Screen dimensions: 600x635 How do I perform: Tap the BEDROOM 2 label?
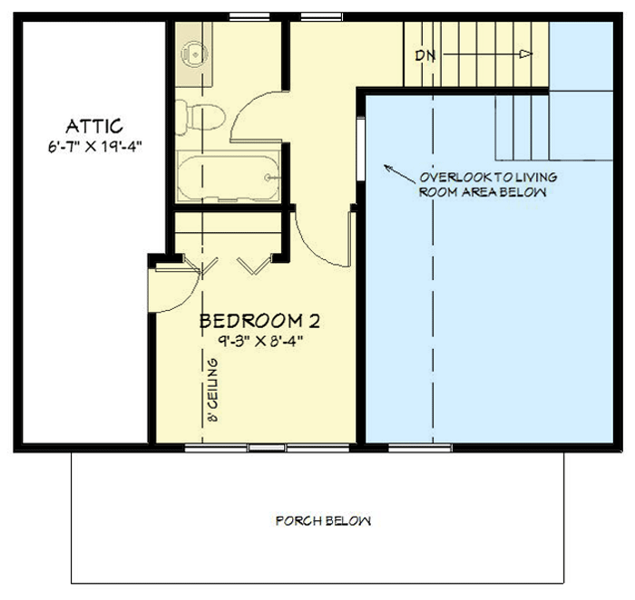(259, 321)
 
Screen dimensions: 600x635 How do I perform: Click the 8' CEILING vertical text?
(212, 392)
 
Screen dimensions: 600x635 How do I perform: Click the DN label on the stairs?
(425, 55)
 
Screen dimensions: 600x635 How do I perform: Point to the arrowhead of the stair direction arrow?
(524, 55)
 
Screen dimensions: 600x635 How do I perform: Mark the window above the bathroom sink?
(241, 15)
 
